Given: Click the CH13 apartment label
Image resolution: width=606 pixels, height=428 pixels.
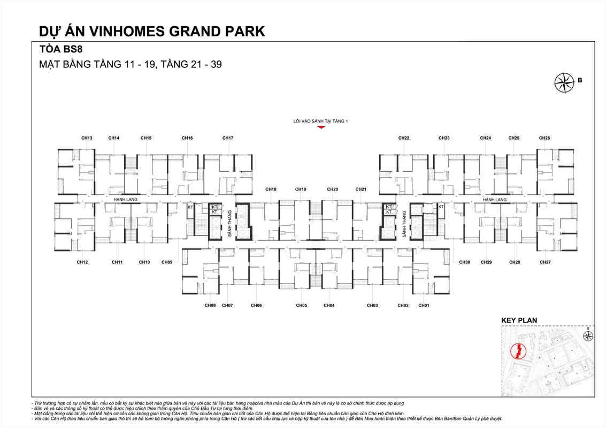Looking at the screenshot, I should click(x=87, y=138).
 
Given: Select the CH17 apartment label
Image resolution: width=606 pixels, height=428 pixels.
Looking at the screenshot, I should click(x=228, y=138).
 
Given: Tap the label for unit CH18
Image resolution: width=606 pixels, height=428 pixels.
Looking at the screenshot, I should click(x=271, y=189).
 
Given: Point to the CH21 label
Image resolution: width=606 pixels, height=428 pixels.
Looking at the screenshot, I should click(x=361, y=189).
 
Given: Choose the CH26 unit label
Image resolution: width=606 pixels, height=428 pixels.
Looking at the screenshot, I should click(x=544, y=138).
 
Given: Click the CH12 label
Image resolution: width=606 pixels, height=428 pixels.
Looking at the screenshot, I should click(x=82, y=262).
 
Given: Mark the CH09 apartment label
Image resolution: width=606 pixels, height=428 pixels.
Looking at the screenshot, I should click(x=167, y=262).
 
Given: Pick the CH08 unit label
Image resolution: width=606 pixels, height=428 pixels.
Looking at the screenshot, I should click(x=210, y=305).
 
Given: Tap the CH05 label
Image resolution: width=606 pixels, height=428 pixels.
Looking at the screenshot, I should click(x=302, y=305).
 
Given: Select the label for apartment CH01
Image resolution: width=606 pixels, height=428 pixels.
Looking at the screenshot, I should click(x=424, y=305).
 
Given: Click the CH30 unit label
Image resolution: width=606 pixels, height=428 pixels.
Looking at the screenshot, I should click(x=464, y=262).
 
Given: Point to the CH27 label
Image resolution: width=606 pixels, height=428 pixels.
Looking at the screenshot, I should click(x=545, y=262).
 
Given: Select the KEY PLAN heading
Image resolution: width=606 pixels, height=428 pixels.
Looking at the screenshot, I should click(x=519, y=320).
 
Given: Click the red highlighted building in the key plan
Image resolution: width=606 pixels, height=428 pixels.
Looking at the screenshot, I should click(x=518, y=351).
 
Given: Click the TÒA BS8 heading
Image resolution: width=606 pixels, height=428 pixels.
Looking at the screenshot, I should click(x=60, y=49).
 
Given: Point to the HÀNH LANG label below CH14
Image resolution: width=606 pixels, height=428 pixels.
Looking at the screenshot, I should click(x=126, y=200).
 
